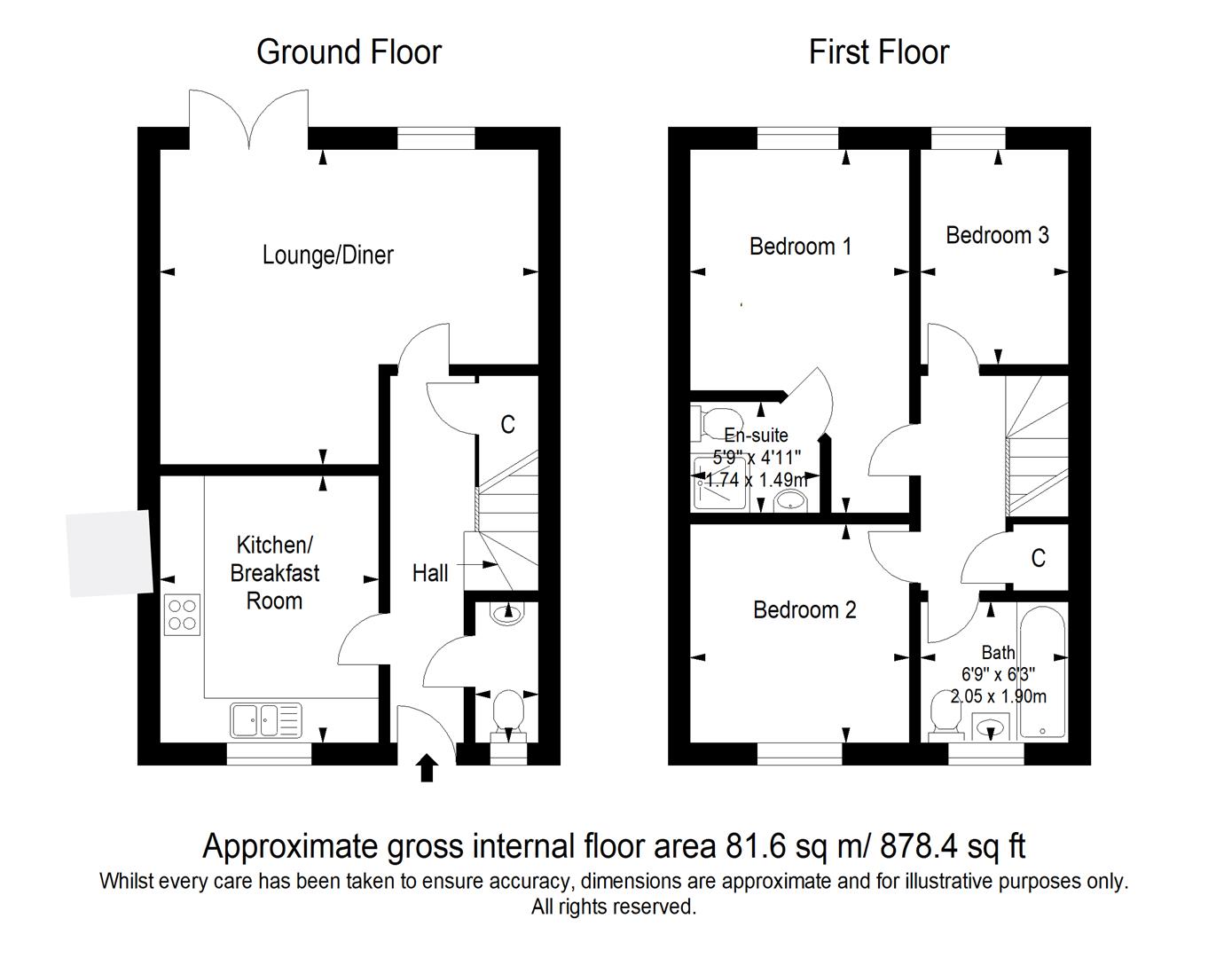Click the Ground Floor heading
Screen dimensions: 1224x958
click(349, 52)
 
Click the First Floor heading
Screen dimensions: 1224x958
click(879, 52)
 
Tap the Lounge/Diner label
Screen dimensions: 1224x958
click(328, 255)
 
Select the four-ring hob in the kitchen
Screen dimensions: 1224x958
click(182, 615)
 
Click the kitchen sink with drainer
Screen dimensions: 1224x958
click(265, 719)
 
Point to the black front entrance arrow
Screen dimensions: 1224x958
click(427, 768)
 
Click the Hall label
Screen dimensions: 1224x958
click(430, 573)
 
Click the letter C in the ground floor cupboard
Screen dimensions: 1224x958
click(507, 425)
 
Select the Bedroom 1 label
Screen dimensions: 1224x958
click(800, 247)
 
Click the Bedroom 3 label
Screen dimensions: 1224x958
click(997, 235)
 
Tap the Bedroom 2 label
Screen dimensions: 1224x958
click(804, 610)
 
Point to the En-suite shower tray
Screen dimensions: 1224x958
click(720, 483)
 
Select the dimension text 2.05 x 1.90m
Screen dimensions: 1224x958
click(998, 696)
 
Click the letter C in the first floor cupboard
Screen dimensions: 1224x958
click(1038, 558)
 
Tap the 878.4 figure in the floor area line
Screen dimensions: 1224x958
click(918, 846)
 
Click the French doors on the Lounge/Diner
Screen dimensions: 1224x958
click(249, 120)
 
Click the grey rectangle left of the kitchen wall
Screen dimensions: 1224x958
click(109, 553)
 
